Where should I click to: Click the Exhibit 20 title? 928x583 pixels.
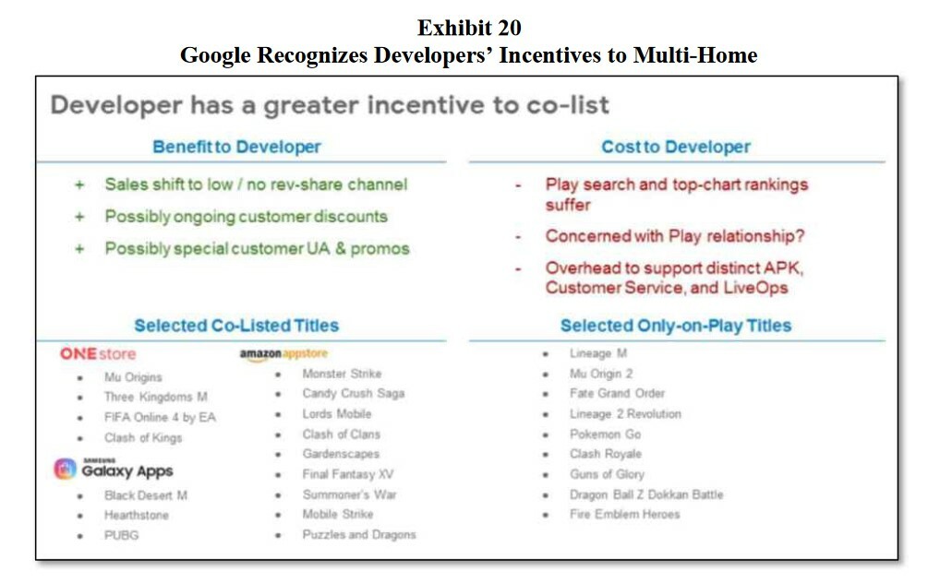click(x=469, y=27)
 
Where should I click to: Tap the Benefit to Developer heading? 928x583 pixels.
click(x=236, y=147)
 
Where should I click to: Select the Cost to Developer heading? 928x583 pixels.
click(x=676, y=147)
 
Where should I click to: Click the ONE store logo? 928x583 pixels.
click(x=98, y=353)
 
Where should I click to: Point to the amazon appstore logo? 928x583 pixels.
click(x=283, y=353)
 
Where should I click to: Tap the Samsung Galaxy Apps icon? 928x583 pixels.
click(x=66, y=469)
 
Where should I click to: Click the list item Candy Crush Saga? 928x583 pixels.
click(x=354, y=393)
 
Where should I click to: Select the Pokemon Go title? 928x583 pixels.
click(x=605, y=434)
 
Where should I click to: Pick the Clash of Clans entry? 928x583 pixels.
click(x=341, y=434)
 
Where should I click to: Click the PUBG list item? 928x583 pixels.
click(x=121, y=535)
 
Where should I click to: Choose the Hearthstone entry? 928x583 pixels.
click(x=136, y=515)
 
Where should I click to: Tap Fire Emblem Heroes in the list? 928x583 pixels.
click(x=624, y=515)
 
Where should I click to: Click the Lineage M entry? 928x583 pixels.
click(x=597, y=353)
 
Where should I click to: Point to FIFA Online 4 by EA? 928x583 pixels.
click(x=160, y=418)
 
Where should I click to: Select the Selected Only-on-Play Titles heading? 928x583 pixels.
click(x=676, y=326)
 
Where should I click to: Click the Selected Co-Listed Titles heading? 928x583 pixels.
click(x=236, y=326)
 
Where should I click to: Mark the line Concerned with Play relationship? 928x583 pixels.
click(x=675, y=236)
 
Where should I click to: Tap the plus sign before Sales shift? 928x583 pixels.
click(x=79, y=185)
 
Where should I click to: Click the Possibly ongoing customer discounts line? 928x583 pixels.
click(x=247, y=217)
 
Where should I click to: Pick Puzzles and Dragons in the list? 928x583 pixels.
click(x=359, y=534)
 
